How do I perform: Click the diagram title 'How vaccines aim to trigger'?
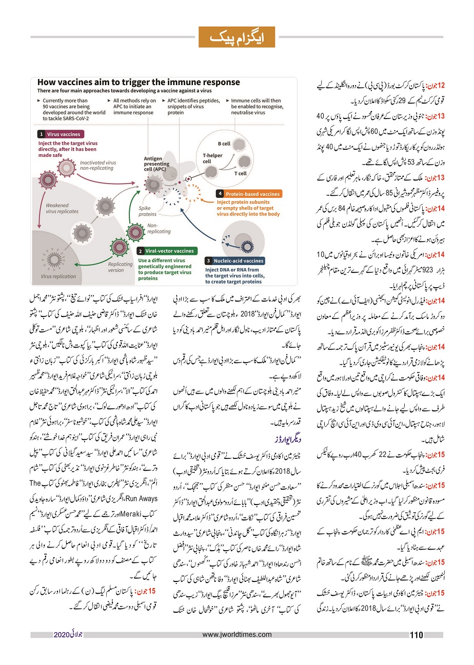coord(139,82)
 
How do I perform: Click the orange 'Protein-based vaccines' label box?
coord(248,194)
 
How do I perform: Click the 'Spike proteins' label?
coord(148,211)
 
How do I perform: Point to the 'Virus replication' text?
coord(58,276)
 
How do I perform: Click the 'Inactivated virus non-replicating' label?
coord(98,165)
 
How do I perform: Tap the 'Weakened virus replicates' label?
coord(62,208)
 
